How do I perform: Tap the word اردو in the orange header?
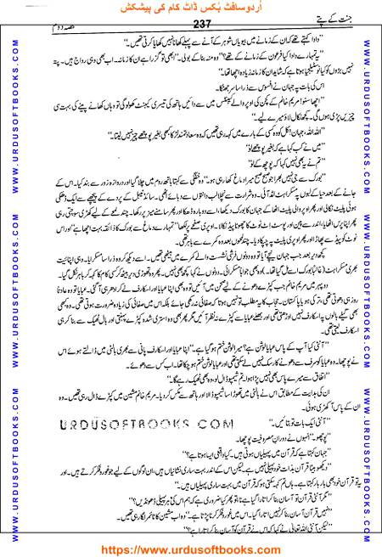point(265,8)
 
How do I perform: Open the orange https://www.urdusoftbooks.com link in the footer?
point(190,547)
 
